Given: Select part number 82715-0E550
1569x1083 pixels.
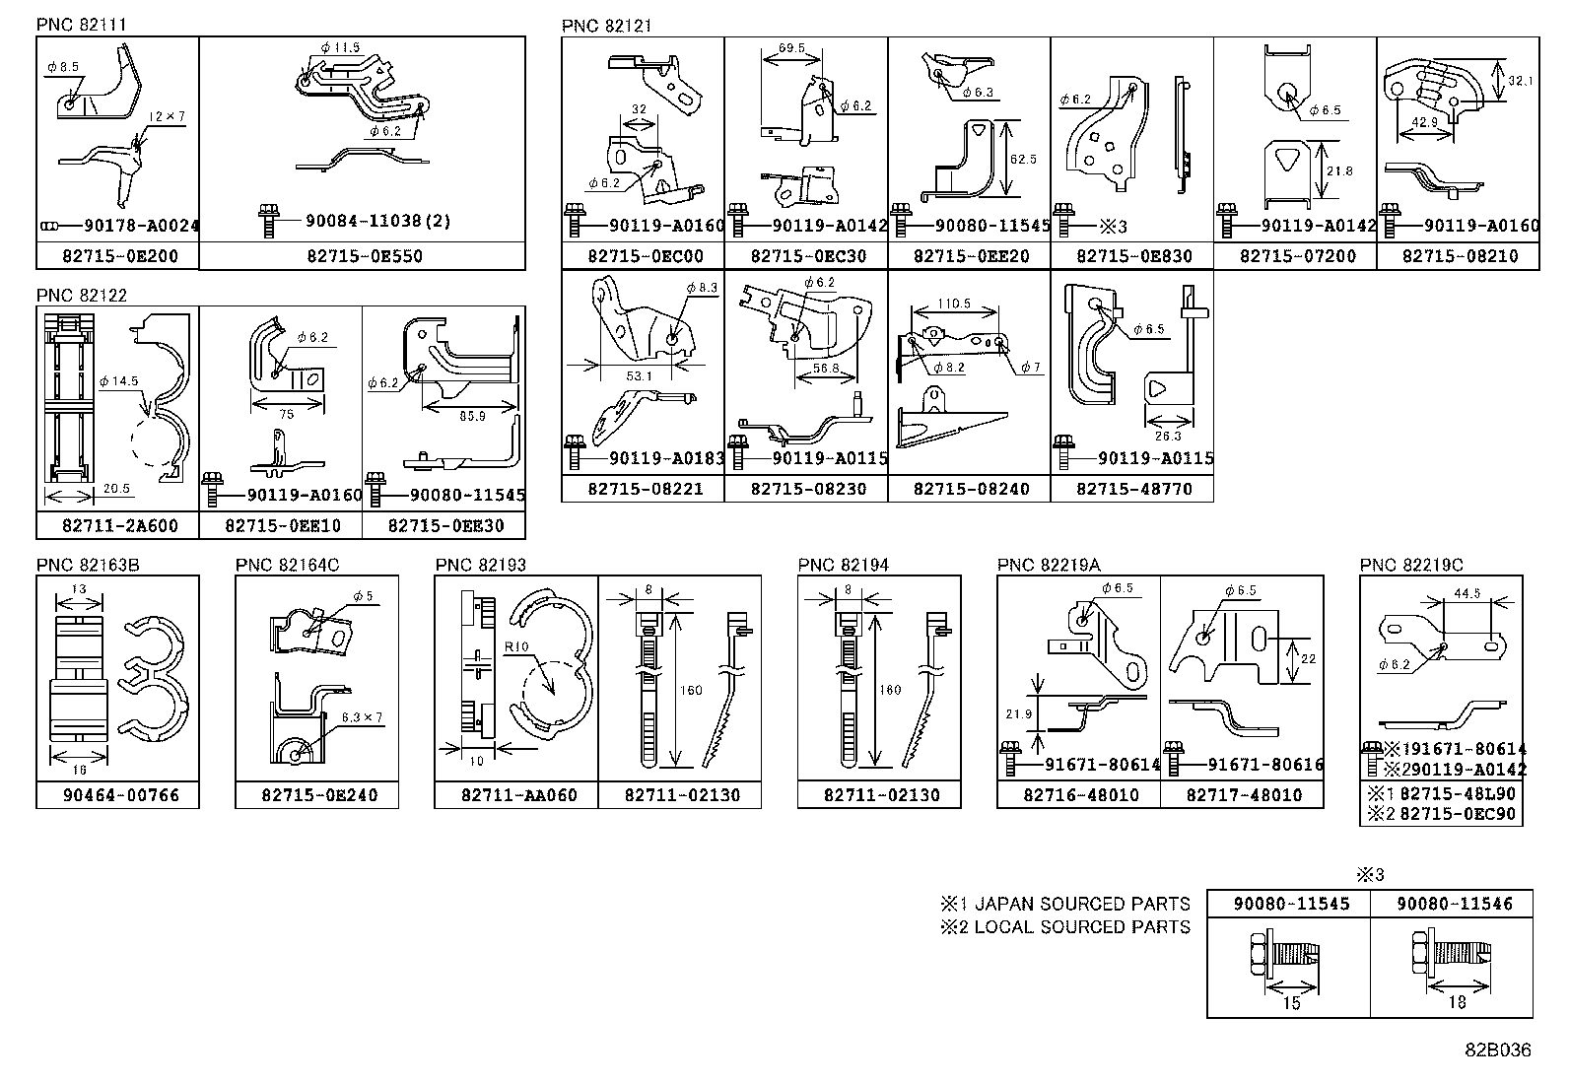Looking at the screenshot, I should (x=362, y=256).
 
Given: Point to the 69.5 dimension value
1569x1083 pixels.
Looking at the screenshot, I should (x=791, y=47).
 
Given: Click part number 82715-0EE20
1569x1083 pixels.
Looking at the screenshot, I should (x=970, y=256).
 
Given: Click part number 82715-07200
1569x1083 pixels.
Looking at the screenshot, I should (x=1296, y=256).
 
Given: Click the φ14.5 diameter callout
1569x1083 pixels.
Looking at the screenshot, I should (x=119, y=379).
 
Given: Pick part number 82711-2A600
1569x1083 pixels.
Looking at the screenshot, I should (x=118, y=526).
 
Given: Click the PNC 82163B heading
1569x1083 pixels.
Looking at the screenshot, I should (x=88, y=565).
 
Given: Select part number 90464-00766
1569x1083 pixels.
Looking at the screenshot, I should (x=118, y=795).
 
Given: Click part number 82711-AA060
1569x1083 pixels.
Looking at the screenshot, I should (x=516, y=795).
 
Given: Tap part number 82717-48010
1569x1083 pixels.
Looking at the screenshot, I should (x=1243, y=795).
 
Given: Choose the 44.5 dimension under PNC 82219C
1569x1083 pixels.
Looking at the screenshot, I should (x=1467, y=594).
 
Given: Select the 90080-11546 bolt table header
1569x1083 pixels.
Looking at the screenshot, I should (x=1452, y=903).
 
